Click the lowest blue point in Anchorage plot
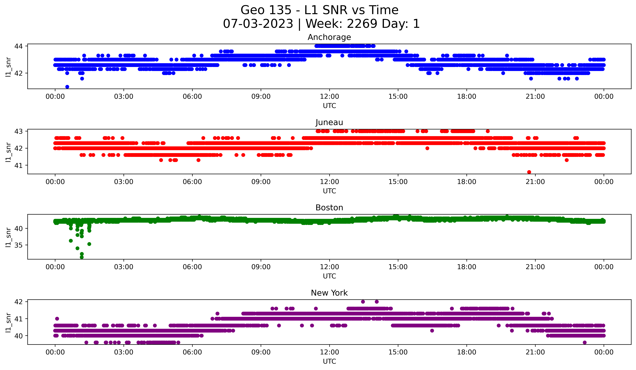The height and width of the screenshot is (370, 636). pos(67,87)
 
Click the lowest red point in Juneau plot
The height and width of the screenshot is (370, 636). pos(529,172)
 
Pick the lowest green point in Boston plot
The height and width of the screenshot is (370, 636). pos(82,257)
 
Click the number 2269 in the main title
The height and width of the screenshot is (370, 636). pos(362,24)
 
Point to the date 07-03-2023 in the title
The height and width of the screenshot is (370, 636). pos(258,24)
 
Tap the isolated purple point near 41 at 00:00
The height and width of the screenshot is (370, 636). pos(57,319)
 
